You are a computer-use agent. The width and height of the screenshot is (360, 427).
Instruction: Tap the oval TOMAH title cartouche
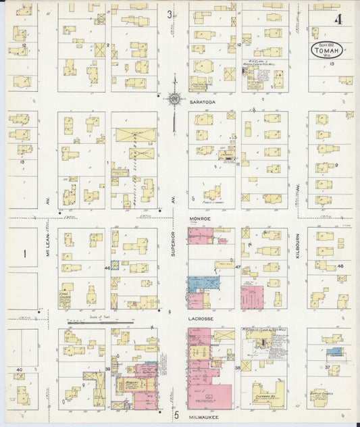[326, 51]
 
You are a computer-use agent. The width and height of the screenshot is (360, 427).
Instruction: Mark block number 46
[107, 268]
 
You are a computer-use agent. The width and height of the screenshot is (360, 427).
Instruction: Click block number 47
[238, 268]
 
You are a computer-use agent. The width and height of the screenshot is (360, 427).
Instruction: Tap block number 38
[237, 368]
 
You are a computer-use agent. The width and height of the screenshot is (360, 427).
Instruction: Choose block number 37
[328, 367]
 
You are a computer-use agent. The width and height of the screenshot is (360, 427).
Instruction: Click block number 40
[20, 370]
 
